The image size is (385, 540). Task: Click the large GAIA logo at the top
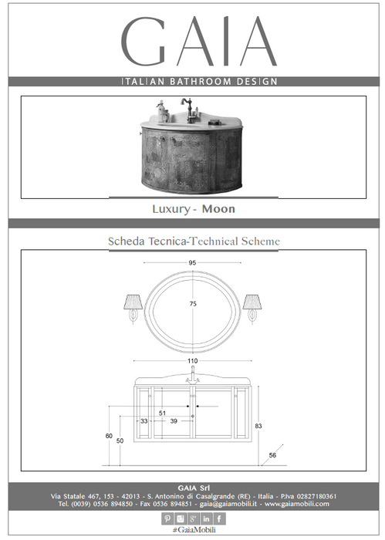pos(199,41)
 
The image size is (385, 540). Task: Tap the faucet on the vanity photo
pos(187,110)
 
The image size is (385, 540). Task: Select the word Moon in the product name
pos(218,209)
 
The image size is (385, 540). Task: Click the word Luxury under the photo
pos(171,209)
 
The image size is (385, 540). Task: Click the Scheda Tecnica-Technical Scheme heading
pos(194,241)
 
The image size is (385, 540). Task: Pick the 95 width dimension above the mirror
pos(192,263)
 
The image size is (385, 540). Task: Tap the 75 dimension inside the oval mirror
pos(193,304)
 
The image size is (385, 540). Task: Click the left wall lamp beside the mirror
pos(133,309)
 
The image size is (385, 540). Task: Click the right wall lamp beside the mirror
pos(252,309)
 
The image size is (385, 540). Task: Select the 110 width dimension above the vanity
pos(193,361)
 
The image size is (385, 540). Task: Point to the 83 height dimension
pos(258,426)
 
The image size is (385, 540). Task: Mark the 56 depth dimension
pos(272,455)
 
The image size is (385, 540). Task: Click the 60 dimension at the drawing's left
pos(109,436)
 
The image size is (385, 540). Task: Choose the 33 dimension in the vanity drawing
pos(144,421)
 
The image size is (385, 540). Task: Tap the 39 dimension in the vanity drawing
pos(174,421)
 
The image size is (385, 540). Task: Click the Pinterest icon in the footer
pos(167,518)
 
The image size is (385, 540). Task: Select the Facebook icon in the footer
pos(219,518)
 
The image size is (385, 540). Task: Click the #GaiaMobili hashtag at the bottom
pos(194,530)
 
